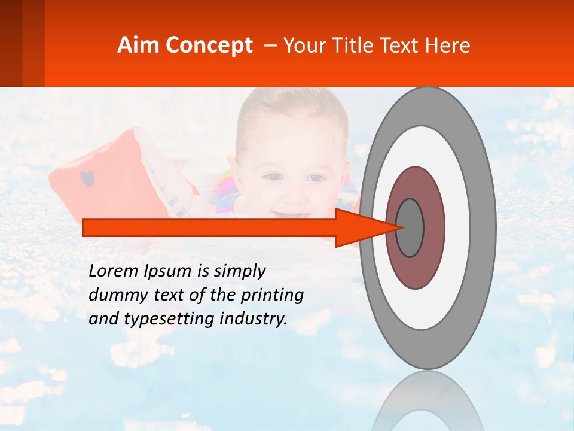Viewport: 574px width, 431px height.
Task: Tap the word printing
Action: [272, 296]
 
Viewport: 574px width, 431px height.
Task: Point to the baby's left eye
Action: [317, 178]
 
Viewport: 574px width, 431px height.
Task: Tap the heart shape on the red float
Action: [87, 178]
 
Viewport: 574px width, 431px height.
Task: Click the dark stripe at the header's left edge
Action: [11, 43]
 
